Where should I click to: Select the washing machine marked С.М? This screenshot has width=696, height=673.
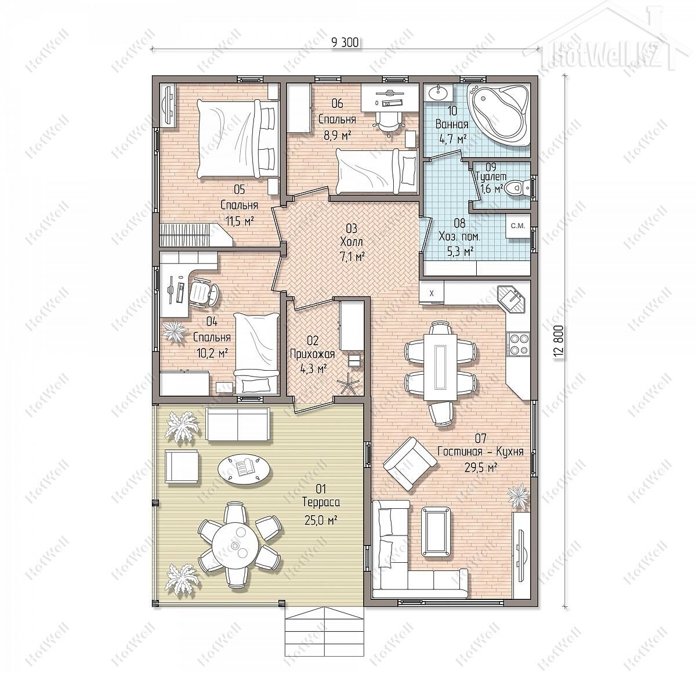518,226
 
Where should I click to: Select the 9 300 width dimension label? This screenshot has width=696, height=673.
345,43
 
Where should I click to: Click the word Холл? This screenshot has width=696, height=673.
351,241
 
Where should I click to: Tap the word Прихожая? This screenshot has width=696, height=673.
312,354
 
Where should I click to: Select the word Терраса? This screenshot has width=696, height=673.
321,502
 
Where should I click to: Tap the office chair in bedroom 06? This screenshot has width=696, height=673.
389,122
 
